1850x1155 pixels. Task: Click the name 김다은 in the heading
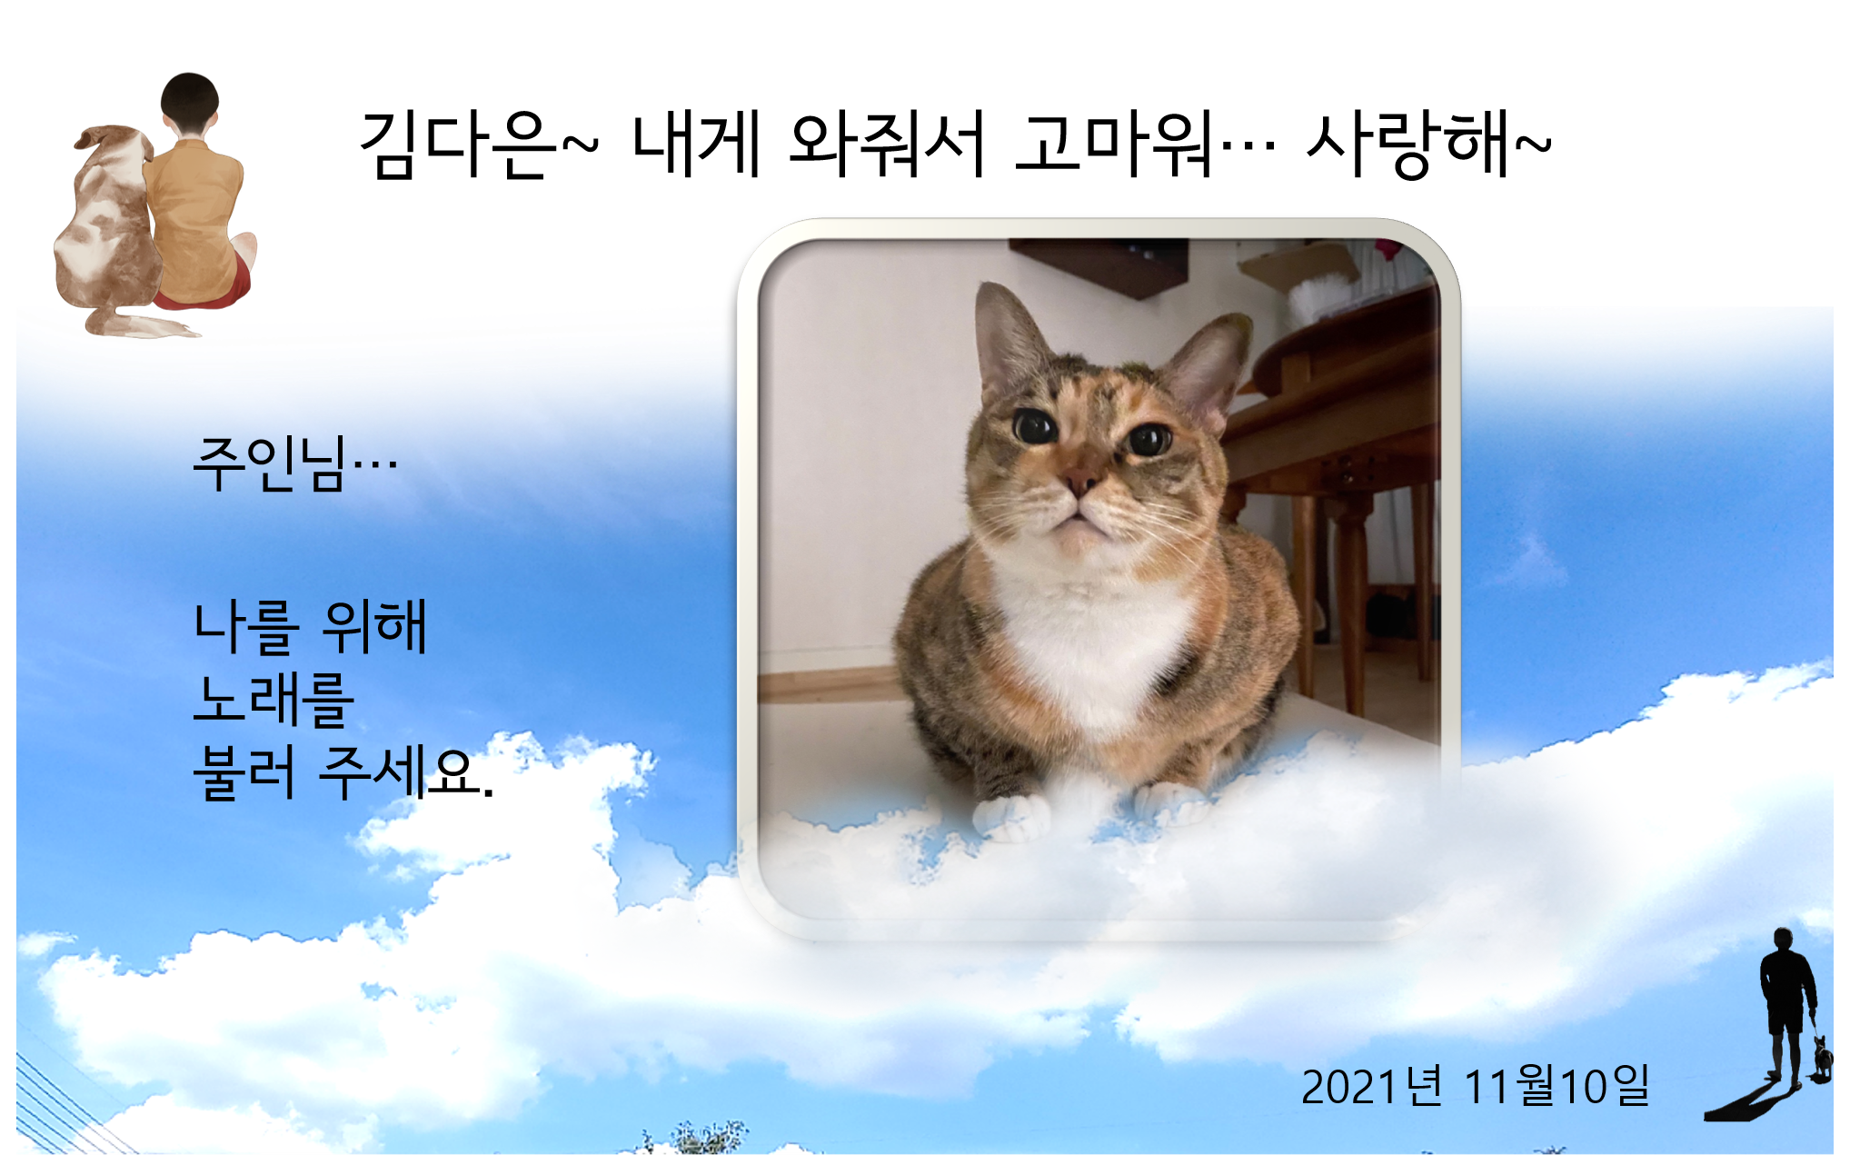(458, 144)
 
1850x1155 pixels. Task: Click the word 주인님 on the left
(270, 463)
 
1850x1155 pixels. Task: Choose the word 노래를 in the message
(274, 700)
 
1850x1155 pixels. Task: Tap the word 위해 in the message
(374, 627)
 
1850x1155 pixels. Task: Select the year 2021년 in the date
(1371, 1086)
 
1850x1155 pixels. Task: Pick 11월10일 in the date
(1557, 1086)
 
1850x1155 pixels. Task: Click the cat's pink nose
(1080, 482)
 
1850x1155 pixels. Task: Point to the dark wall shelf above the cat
(1099, 266)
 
